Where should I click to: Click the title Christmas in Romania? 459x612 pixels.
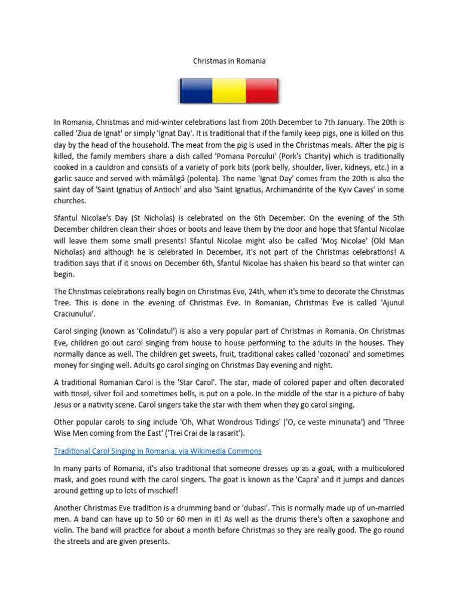tap(229, 61)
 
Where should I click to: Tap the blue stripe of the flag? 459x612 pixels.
tap(197, 91)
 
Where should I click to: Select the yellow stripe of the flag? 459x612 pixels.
tap(229, 91)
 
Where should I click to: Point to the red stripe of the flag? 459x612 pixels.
tap(262, 91)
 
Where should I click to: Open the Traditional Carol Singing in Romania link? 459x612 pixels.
tap(158, 451)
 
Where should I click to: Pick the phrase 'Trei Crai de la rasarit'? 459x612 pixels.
tap(192, 433)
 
